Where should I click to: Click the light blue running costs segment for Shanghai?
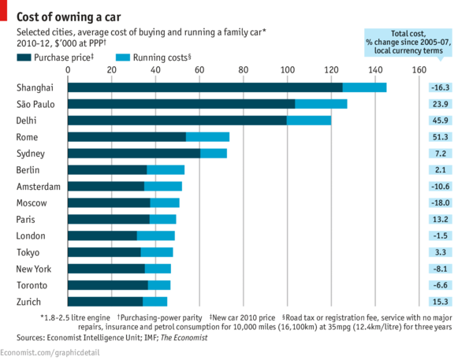[364, 87]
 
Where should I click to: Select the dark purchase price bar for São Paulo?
[181, 104]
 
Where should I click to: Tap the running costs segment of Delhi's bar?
[308, 121]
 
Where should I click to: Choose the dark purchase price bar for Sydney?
[134, 153]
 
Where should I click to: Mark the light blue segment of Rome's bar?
[207, 137]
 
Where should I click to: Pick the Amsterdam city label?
[38, 187]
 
